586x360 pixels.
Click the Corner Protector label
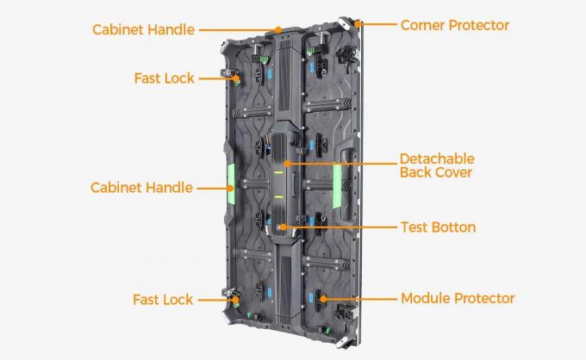coord(454,25)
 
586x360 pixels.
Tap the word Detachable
coord(437,159)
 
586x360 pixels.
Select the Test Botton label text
coord(438,227)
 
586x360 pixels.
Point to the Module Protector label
coord(457,299)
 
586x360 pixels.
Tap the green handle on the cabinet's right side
coord(338,183)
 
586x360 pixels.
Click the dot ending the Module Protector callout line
coord(323,299)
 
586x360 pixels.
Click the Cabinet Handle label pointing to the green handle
coord(142,187)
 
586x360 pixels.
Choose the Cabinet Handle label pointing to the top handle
coord(145,29)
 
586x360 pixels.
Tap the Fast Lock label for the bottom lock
coord(163,300)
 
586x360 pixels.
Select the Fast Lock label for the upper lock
coord(164,78)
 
